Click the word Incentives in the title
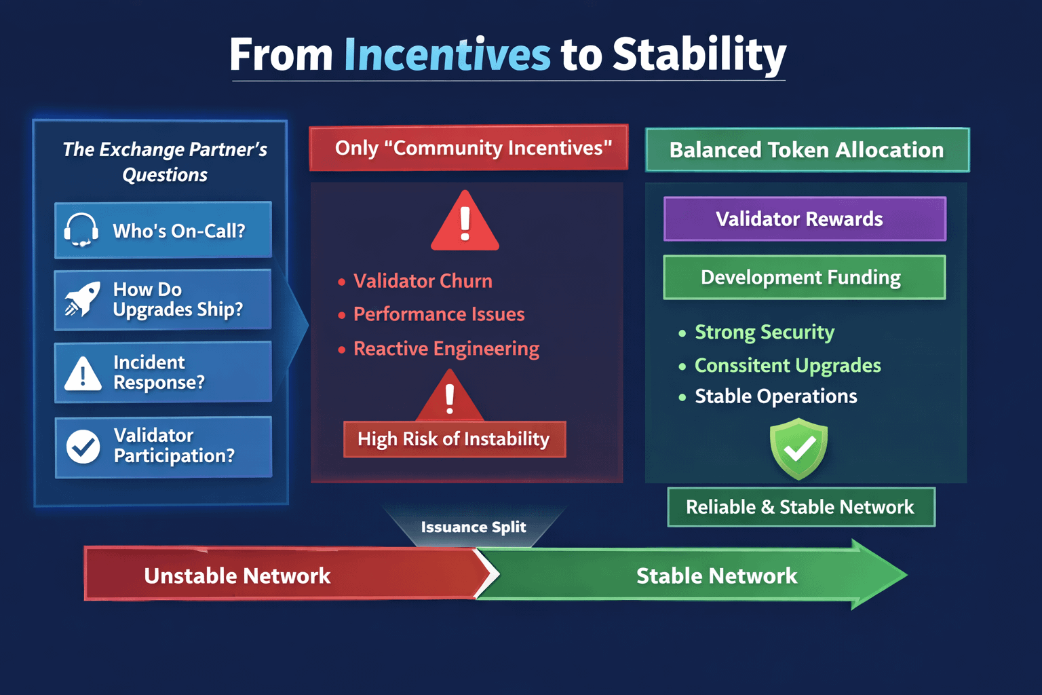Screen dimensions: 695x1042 click(x=447, y=54)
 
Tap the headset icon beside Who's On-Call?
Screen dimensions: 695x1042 click(x=81, y=229)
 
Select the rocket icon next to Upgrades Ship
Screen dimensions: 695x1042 click(x=82, y=299)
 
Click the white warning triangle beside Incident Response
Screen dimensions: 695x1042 click(x=83, y=374)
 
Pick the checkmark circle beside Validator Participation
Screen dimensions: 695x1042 click(x=83, y=447)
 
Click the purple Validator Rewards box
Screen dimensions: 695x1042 click(x=805, y=219)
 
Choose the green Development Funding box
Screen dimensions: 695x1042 click(x=805, y=277)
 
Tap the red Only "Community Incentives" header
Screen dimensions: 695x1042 click(x=469, y=147)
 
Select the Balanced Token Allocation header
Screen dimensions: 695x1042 click(x=807, y=150)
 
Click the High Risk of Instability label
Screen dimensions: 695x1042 click(x=454, y=439)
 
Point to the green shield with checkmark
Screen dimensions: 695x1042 click(x=798, y=449)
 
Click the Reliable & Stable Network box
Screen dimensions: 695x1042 click(x=800, y=507)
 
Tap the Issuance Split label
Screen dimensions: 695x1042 click(x=474, y=527)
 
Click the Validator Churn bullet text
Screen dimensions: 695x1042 click(x=423, y=281)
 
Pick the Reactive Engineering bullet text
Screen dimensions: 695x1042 click(x=446, y=349)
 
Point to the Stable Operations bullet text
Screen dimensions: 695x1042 click(x=776, y=396)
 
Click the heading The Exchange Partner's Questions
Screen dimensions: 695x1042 click(x=165, y=162)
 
